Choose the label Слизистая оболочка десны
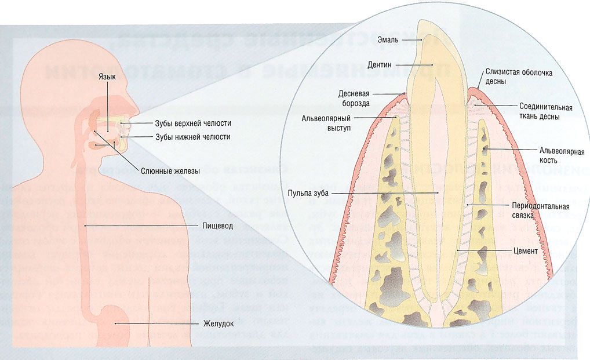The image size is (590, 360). [511, 77]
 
